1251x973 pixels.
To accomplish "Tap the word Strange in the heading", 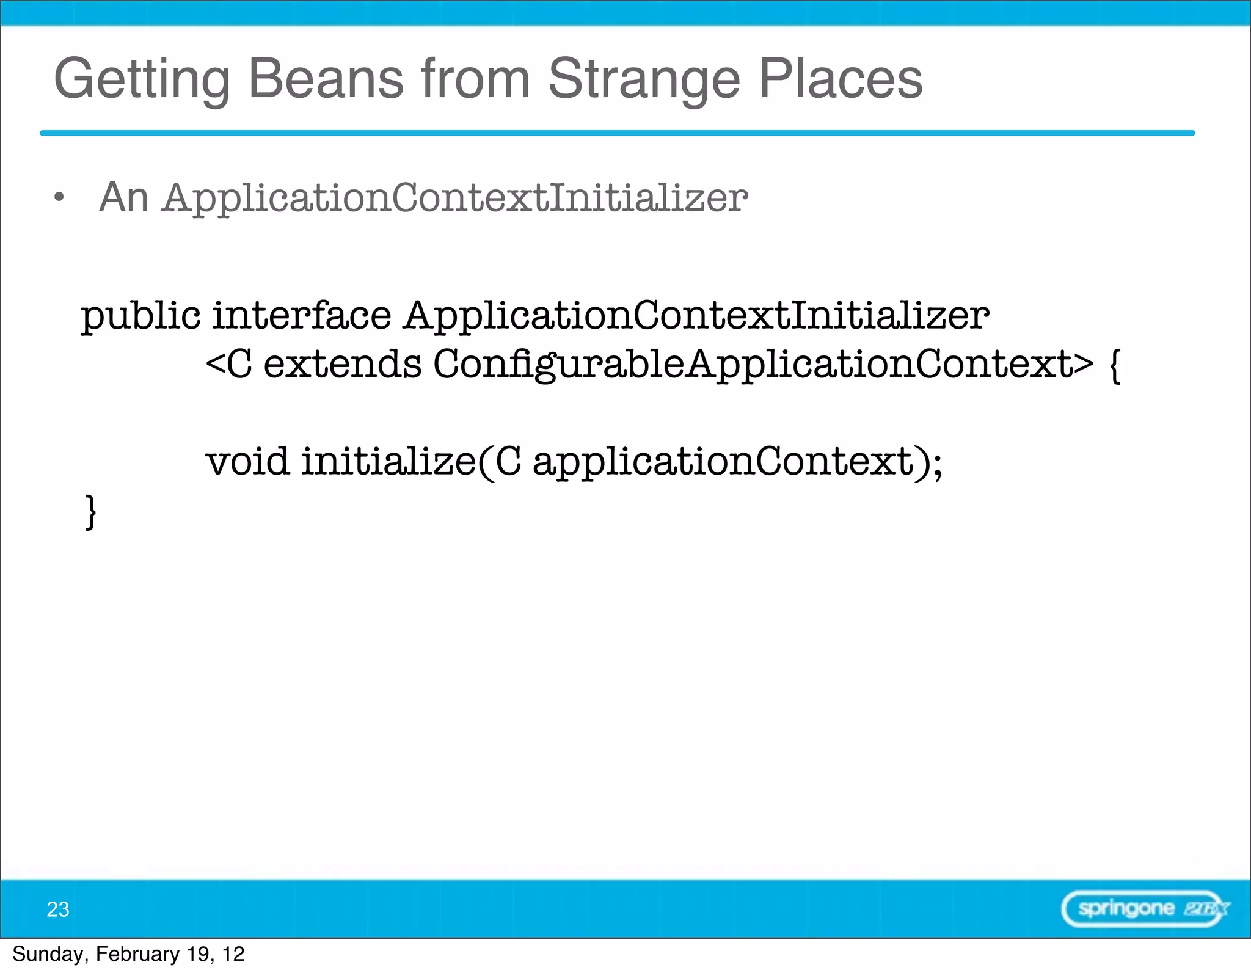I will (x=644, y=79).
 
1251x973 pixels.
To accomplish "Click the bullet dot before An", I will (x=59, y=197).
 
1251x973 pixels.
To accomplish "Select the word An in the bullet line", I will (x=124, y=197).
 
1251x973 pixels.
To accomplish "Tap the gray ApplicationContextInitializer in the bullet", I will (x=455, y=199).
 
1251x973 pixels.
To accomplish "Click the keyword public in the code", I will (x=140, y=316).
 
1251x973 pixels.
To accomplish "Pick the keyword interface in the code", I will (x=301, y=315).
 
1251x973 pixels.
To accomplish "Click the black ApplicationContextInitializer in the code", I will (x=696, y=316).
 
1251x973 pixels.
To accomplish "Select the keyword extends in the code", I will (x=342, y=364).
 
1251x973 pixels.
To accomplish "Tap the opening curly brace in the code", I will (x=1115, y=365).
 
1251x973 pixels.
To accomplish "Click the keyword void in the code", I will (x=247, y=461).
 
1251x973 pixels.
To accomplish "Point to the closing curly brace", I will (x=90, y=512).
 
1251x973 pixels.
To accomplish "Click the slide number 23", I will (x=58, y=909).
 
